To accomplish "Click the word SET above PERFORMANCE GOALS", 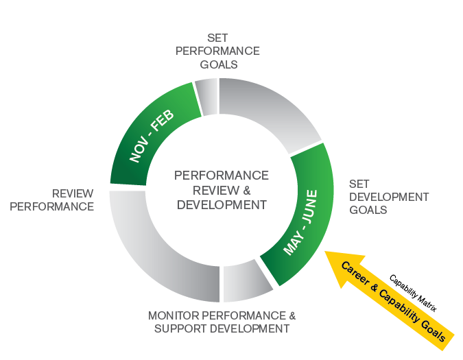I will pyautogui.click(x=218, y=38).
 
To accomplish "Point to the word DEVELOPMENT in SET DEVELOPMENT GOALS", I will pyautogui.click(x=389, y=197).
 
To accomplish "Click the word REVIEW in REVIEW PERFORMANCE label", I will pyautogui.click(x=73, y=194).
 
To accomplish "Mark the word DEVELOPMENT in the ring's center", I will pyautogui.click(x=221, y=204).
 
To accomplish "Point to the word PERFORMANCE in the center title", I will pyautogui.click(x=221, y=176).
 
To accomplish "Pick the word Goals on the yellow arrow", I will pyautogui.click(x=437, y=328).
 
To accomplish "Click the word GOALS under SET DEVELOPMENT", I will pyautogui.click(x=368, y=210).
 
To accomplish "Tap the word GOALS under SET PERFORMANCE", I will pyautogui.click(x=219, y=64).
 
